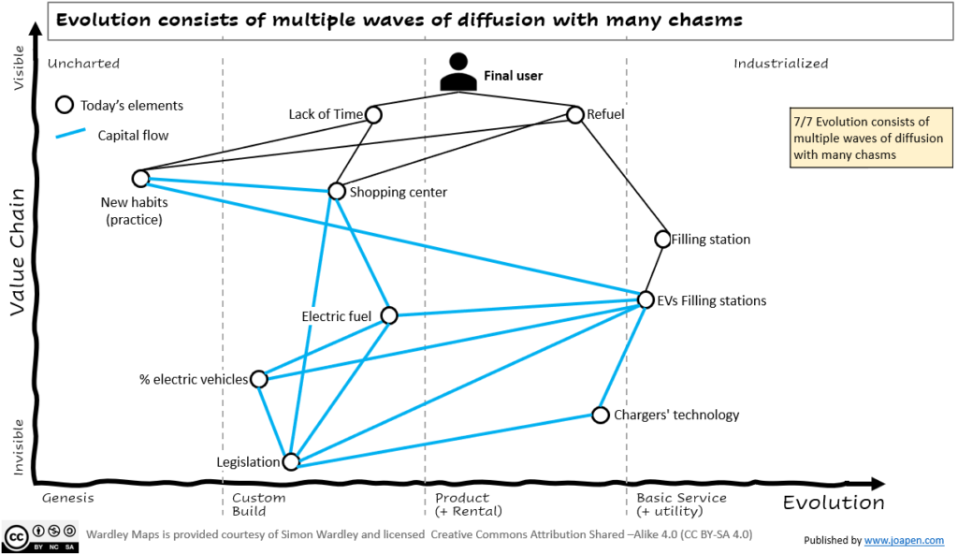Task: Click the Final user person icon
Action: tap(457, 73)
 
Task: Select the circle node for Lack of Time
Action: tap(373, 114)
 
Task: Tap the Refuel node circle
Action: tap(574, 114)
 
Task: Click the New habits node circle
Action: tap(140, 178)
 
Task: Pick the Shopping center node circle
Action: tap(337, 191)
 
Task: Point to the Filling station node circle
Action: tap(662, 239)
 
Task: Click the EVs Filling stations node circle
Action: tap(646, 299)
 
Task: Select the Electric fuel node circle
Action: tap(389, 315)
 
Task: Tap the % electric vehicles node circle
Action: tap(259, 379)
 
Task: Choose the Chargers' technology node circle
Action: tap(601, 415)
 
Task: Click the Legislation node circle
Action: tap(291, 461)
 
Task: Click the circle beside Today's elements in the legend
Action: tap(65, 105)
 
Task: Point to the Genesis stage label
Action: tap(69, 498)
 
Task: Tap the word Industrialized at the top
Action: tap(780, 64)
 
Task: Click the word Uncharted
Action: tap(83, 64)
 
